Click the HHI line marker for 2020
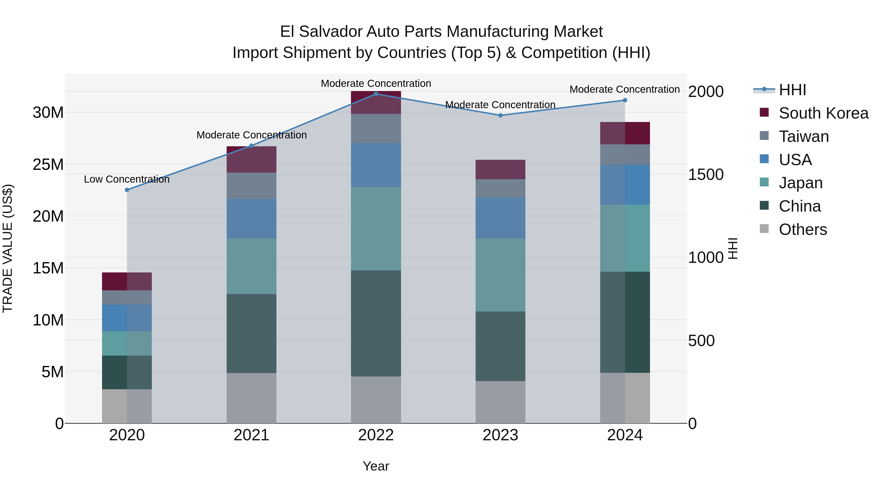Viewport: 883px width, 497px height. pyautogui.click(x=127, y=190)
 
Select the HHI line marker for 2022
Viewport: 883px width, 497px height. pyautogui.click(x=376, y=94)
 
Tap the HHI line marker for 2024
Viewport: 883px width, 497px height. pyautogui.click(x=624, y=100)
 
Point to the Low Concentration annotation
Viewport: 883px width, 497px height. pyautogui.click(x=127, y=179)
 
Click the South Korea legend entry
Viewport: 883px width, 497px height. pyautogui.click(x=823, y=113)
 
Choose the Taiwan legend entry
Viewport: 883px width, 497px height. pyautogui.click(x=804, y=136)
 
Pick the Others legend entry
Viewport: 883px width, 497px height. pyautogui.click(x=803, y=229)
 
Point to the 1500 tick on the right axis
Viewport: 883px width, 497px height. pyautogui.click(x=706, y=175)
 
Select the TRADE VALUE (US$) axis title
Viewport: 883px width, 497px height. pyautogui.click(x=8, y=248)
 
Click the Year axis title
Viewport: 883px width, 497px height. pyautogui.click(x=376, y=466)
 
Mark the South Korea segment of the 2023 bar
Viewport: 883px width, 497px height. pyautogui.click(x=500, y=169)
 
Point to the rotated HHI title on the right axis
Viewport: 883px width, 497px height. pyautogui.click(x=732, y=248)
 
